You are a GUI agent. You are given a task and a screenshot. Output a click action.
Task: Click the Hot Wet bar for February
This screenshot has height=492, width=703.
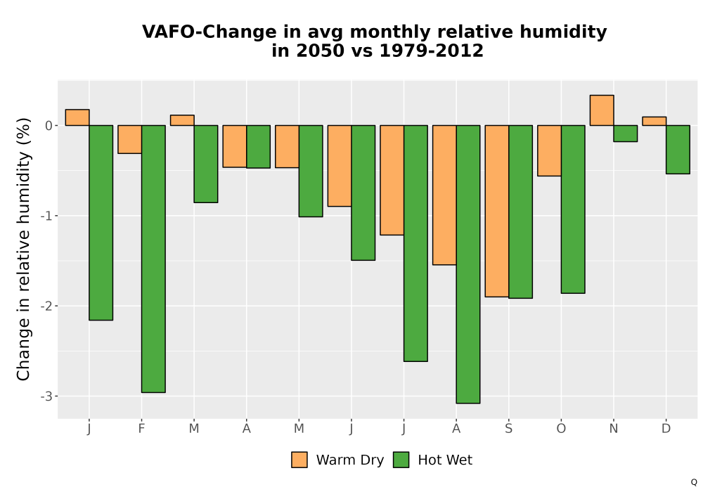(x=153, y=259)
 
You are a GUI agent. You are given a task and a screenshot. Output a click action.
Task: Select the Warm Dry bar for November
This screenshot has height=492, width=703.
(x=602, y=110)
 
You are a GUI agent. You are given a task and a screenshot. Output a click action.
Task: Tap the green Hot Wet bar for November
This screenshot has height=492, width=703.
(x=626, y=134)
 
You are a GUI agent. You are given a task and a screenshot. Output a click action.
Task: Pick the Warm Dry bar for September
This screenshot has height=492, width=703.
(x=497, y=211)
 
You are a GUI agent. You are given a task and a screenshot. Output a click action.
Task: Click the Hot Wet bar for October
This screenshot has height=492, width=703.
(x=573, y=209)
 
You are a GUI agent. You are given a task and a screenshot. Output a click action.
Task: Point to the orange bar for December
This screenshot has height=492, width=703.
(x=654, y=121)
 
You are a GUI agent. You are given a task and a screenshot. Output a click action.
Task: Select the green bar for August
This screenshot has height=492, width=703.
(x=468, y=264)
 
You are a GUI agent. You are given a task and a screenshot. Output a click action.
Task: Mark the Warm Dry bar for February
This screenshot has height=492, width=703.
(x=130, y=139)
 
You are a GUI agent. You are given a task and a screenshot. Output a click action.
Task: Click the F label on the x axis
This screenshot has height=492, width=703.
(x=142, y=429)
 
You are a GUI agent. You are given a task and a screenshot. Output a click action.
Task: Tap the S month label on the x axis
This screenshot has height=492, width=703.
(x=508, y=429)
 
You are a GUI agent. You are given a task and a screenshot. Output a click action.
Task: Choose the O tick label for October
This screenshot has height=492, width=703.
(x=561, y=429)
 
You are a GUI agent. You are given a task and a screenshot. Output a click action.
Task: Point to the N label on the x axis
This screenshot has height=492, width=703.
(x=613, y=429)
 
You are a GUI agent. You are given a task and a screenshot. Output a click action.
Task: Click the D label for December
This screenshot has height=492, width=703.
(x=666, y=429)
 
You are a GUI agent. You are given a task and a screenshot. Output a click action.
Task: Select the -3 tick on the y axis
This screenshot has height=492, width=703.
(x=46, y=396)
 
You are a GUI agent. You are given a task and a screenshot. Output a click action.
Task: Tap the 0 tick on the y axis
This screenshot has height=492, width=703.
(x=49, y=126)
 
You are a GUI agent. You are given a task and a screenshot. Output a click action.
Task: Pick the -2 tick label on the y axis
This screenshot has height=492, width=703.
(x=46, y=306)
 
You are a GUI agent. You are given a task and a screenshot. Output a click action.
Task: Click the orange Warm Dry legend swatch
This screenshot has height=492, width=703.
(x=299, y=460)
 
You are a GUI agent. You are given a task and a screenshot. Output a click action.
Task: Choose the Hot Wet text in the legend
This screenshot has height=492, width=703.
(x=445, y=460)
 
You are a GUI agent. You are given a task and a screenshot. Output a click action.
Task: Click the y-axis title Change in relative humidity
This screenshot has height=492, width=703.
(x=23, y=249)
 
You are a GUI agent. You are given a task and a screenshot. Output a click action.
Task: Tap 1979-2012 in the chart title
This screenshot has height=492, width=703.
(x=432, y=51)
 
